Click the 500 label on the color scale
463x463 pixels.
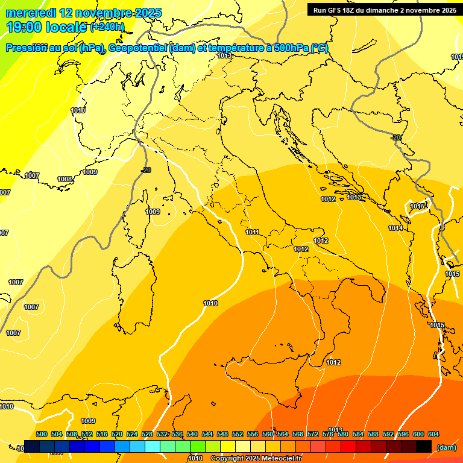(x=42, y=434)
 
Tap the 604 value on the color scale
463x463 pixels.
(x=433, y=434)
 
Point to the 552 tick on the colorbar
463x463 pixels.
(x=238, y=434)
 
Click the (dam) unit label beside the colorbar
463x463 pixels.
(x=446, y=447)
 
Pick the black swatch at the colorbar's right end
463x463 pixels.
(x=424, y=446)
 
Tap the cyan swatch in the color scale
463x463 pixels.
(x=153, y=446)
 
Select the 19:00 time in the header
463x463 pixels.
(x=24, y=27)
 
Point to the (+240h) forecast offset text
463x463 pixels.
(x=107, y=27)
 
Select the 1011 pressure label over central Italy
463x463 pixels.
(x=252, y=232)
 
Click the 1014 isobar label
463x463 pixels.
(x=395, y=228)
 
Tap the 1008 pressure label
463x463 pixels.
(x=65, y=179)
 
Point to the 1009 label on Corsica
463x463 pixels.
(x=153, y=212)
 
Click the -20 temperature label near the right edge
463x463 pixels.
(x=395, y=137)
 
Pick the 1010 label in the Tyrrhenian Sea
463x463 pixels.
(x=210, y=303)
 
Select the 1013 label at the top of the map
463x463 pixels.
(x=224, y=55)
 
